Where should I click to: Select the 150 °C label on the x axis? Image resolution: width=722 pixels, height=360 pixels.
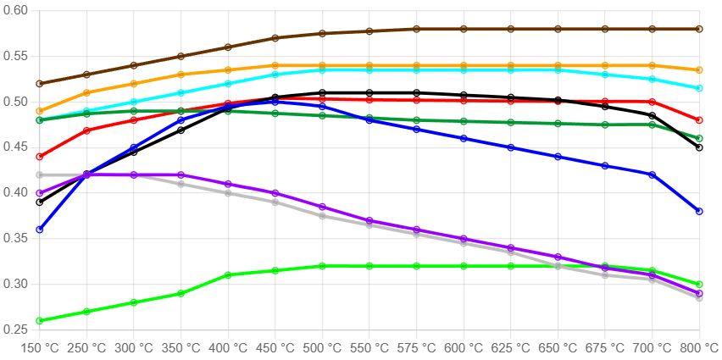[x=40, y=348]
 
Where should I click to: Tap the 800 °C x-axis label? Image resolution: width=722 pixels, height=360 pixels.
[x=699, y=348]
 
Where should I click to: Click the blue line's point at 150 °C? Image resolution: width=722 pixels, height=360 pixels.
[x=40, y=230]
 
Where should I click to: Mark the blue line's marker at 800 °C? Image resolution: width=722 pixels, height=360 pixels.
[x=699, y=211]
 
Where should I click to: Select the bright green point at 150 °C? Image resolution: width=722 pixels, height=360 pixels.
[x=40, y=321]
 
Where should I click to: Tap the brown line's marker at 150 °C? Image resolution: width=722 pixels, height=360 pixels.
[x=40, y=84]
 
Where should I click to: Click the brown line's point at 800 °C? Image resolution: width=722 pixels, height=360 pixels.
[x=699, y=29]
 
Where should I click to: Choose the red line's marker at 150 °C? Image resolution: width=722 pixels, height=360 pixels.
[x=40, y=157]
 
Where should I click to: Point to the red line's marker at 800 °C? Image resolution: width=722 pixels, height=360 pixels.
[x=699, y=120]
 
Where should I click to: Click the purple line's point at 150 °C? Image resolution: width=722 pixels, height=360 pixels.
[x=40, y=193]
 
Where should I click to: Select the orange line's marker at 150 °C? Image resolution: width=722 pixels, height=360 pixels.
[x=40, y=111]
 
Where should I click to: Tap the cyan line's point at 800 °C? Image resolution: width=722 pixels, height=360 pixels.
[x=699, y=88]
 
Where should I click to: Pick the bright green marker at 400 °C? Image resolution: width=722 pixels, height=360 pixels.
[x=228, y=275]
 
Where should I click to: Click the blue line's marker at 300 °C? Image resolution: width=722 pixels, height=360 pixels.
[x=134, y=147]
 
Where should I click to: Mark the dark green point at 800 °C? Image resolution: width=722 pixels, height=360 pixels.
[x=699, y=138]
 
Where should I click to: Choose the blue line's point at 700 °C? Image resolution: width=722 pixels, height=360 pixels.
[x=652, y=174]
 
